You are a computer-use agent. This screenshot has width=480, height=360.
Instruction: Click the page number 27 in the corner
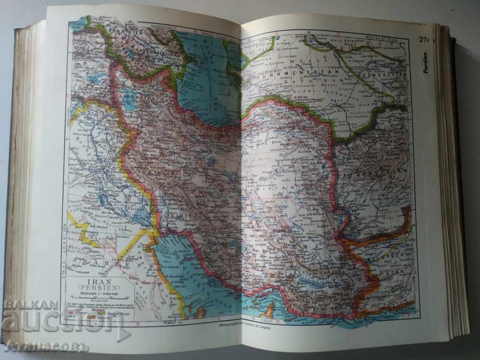click(x=424, y=40)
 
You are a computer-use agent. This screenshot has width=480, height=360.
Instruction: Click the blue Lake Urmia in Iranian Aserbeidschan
click(x=129, y=101)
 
